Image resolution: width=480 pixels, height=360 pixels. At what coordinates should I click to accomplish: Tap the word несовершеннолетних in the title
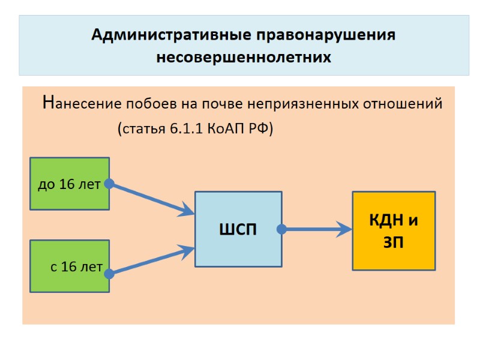(244, 58)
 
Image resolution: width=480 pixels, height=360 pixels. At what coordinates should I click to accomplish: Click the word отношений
(403, 104)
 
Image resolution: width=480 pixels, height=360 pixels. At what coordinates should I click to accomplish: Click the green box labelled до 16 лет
(70, 183)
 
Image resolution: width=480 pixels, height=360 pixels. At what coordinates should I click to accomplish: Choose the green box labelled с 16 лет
(70, 266)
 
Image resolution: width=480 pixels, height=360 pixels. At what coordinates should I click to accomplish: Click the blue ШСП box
(238, 229)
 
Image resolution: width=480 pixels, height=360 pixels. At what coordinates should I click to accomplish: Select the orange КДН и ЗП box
(394, 230)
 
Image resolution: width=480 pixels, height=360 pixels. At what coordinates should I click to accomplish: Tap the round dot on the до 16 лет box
(109, 184)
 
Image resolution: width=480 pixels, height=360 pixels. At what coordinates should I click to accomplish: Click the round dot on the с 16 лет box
(109, 274)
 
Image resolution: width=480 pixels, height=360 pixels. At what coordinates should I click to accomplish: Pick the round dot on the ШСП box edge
(281, 229)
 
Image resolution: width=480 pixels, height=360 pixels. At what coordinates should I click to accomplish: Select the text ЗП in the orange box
(393, 242)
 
